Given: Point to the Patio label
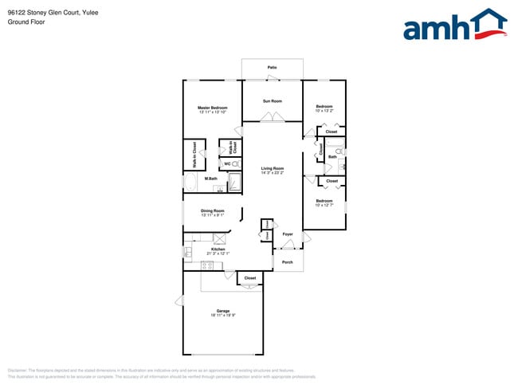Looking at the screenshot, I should pos(272,68).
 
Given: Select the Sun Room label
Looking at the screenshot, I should pos(273,101).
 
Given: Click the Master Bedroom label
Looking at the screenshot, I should pos(213,108).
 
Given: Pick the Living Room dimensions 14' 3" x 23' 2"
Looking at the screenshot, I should pos(273,173).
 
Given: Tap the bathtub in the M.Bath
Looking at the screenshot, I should pos(190,183).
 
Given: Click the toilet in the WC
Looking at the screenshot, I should pos(236,163).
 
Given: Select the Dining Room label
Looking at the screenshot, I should pos(212,210).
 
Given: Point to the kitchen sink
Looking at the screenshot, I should pos(189,253).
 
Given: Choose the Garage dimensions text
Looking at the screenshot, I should pos(223,315).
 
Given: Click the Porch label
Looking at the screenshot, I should pos(287,262).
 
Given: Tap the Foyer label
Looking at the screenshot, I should pos(288,234).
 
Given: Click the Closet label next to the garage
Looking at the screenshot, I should pos(250,278).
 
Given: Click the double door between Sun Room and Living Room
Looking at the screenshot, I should pos(272,118).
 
